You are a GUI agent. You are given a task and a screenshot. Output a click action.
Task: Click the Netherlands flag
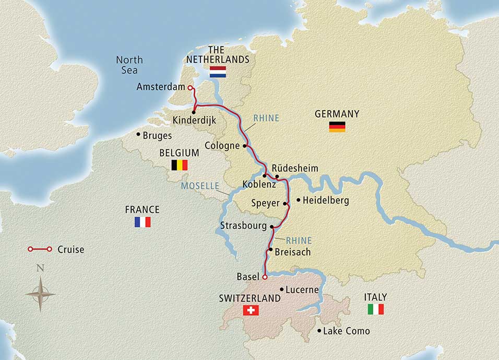coord(217,72)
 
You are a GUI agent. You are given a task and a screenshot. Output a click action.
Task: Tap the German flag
coord(337,126)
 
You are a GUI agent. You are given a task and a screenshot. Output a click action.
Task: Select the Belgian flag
coord(179,165)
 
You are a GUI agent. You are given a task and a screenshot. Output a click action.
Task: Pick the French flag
coord(142,222)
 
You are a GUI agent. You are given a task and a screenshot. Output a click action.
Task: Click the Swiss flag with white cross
coord(251,310)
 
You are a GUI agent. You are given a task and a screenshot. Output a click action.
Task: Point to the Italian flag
coord(375,309)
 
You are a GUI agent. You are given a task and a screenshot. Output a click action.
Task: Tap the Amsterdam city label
coord(160,87)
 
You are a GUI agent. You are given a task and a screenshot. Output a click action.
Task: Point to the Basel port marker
coord(265,277)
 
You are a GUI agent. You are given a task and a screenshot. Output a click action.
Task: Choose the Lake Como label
coord(347,331)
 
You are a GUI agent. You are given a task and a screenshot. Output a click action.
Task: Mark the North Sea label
coord(128,65)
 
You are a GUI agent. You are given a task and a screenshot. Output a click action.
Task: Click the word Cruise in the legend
coord(72,249)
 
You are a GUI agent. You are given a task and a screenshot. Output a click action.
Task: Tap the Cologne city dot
coord(244,146)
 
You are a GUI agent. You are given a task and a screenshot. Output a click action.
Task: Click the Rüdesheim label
coord(295,168)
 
